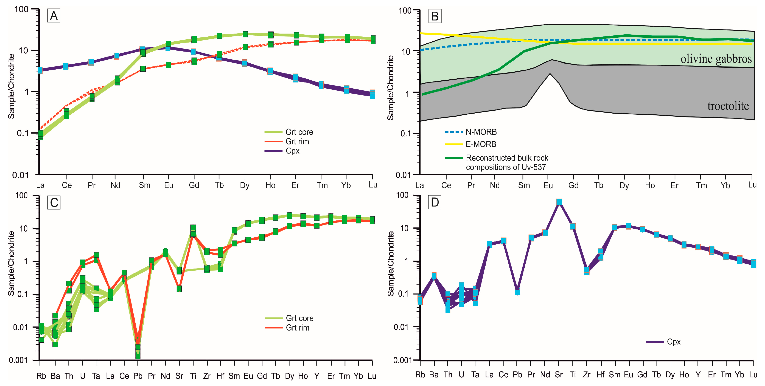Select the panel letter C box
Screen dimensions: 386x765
(x=54, y=203)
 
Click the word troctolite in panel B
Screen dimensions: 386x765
(x=728, y=106)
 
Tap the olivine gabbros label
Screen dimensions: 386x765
(x=716, y=59)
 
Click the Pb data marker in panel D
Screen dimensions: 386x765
(x=517, y=292)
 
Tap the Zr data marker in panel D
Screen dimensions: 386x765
(x=586, y=270)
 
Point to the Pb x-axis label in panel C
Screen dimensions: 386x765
(x=138, y=376)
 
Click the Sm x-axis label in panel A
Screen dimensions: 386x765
(x=145, y=185)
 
